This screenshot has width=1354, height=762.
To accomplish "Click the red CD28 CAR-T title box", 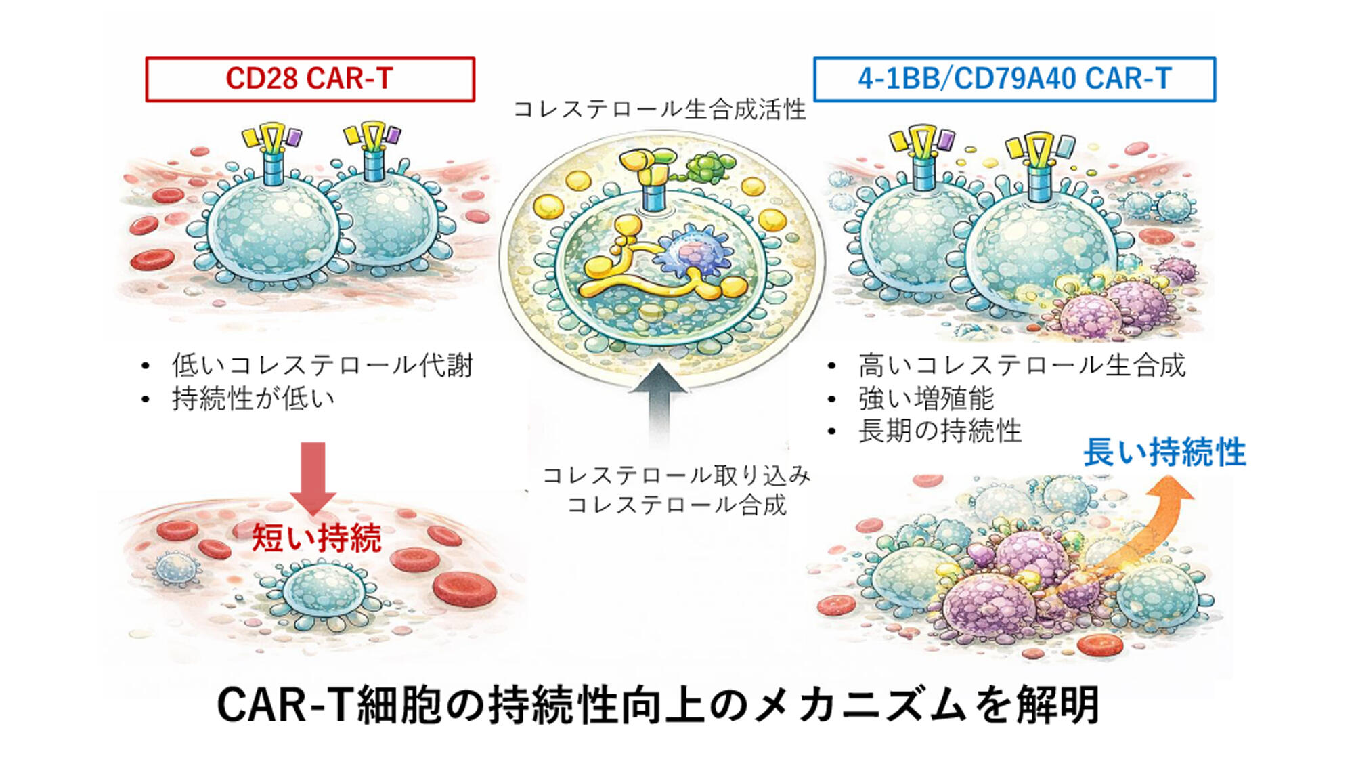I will [310, 79].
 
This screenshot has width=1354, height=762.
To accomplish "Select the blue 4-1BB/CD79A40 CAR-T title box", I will [1014, 79].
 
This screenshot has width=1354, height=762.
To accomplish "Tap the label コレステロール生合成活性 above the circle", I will [659, 109].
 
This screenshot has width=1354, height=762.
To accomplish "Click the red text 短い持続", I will [316, 538].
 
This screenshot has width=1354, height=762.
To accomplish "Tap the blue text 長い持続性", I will [1164, 452].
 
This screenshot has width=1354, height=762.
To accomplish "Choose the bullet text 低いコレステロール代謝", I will [322, 365].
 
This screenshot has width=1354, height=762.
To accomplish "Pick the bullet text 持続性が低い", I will [253, 398].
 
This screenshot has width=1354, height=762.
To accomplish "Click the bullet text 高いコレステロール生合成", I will [1022, 365].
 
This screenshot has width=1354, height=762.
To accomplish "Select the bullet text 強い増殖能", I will [925, 398].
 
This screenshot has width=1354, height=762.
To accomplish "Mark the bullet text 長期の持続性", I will [940, 431].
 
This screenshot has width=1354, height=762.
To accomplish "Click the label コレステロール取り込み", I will [676, 475].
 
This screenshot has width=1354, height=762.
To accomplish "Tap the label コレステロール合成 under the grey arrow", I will [676, 505].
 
